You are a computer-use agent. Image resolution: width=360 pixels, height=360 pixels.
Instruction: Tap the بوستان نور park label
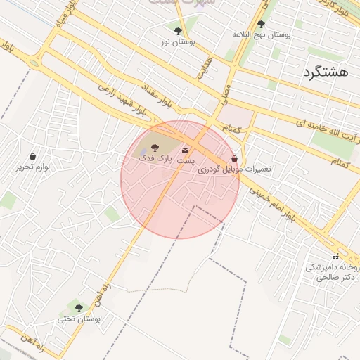(x=177, y=42)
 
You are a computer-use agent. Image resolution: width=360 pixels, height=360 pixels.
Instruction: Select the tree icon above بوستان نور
(x=177, y=31)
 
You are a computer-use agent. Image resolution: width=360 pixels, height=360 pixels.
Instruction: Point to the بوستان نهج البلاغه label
(x=261, y=34)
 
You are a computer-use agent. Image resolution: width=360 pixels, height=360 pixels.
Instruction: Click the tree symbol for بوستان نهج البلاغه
(x=261, y=23)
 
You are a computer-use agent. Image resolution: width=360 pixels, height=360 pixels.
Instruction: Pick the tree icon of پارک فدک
(x=155, y=148)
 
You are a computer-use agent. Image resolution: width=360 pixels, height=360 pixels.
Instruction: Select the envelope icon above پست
(x=186, y=150)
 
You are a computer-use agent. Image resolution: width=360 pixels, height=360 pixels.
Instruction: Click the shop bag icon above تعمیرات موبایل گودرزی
(x=234, y=159)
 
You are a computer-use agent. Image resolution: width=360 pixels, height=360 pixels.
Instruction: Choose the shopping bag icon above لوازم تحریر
(x=32, y=156)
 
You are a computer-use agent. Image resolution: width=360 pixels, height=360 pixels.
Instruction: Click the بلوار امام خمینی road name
(x=281, y=202)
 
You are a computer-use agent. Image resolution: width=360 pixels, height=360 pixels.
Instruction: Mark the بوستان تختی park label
(x=79, y=319)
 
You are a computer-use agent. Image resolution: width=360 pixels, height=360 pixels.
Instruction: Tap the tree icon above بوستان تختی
(x=78, y=307)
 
